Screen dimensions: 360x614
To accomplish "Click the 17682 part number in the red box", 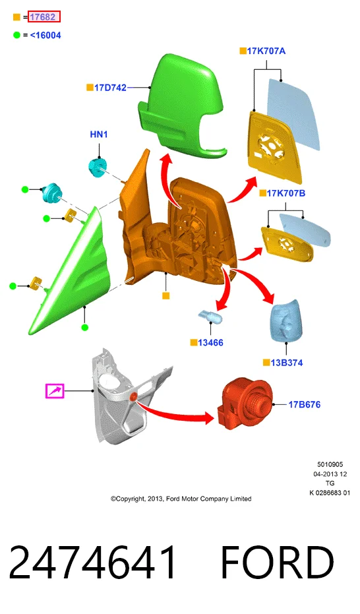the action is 44,17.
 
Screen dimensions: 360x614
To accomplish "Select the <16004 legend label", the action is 45,35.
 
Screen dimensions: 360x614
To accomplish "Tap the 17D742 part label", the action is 110,88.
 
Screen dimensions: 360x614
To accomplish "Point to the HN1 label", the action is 99,135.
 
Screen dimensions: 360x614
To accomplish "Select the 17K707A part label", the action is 266,51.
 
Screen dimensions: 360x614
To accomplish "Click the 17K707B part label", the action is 285,193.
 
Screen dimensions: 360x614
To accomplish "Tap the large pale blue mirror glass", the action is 293,113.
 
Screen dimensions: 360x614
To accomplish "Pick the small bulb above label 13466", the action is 210,316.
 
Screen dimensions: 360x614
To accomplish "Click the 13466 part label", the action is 210,343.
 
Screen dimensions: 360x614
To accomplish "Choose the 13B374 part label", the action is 287,363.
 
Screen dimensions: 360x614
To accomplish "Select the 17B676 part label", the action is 305,404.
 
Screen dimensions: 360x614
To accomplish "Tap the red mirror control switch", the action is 244,404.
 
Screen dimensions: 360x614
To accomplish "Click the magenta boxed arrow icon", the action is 55,391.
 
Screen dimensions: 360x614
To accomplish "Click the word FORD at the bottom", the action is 278,563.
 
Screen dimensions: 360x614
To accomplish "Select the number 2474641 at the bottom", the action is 93,563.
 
